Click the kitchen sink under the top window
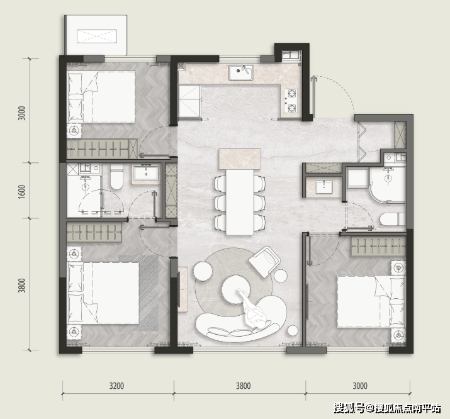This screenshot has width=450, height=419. (241, 72)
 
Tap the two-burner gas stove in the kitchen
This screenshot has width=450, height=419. (291, 101)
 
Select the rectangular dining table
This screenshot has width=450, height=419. (240, 202)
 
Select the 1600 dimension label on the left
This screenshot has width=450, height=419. (22, 191)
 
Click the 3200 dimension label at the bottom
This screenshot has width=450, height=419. (116, 386)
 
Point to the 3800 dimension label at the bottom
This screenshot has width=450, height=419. (244, 386)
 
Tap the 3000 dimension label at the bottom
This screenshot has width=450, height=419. (360, 386)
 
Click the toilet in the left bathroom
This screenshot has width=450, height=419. (116, 177)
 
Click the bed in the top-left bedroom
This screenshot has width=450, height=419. (101, 97)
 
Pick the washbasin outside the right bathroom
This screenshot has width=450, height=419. (324, 187)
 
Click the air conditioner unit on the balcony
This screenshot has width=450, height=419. (97, 36)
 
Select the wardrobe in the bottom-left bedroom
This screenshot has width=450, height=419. (94, 233)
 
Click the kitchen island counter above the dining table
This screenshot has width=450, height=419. (240, 159)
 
